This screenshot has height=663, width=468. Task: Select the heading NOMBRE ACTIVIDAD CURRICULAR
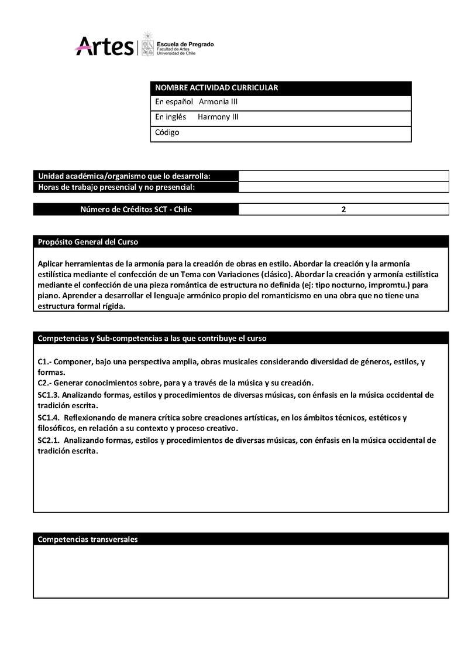(216, 88)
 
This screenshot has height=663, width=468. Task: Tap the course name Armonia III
(218, 102)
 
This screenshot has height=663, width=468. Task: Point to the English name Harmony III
(218, 117)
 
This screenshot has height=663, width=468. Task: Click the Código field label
(167, 132)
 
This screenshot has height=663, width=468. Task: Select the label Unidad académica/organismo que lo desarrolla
(125, 176)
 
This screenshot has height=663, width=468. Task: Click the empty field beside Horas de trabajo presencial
(343, 187)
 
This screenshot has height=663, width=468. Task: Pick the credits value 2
(343, 209)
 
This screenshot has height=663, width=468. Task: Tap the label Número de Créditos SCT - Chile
(136, 209)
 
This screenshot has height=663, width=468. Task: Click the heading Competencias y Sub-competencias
(152, 339)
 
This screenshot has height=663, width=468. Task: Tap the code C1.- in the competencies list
(44, 362)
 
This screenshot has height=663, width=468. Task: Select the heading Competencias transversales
(88, 539)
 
